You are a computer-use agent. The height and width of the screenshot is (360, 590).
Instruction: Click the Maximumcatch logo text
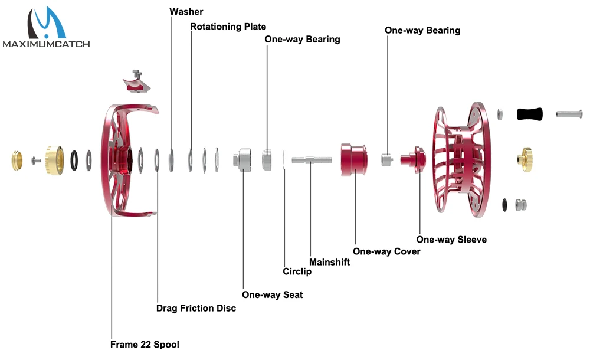point(45,44)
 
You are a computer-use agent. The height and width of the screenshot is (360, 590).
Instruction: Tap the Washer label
point(186,12)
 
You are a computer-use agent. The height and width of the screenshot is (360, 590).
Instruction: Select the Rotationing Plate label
point(228,27)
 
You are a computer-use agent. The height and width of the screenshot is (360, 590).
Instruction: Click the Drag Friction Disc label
point(196,308)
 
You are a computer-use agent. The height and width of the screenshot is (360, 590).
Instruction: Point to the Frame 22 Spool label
point(145,344)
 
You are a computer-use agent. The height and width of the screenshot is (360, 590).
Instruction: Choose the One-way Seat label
point(272,294)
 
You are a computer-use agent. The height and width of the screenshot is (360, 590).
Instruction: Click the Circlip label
point(297,271)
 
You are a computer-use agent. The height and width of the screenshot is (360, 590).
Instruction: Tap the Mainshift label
point(329,261)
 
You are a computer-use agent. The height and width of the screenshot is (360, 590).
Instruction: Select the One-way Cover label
point(386,251)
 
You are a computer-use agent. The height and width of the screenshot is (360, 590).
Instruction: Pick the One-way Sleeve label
point(451,239)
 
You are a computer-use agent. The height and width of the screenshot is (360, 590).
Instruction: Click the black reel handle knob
point(529,114)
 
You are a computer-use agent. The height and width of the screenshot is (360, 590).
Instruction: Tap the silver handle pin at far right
point(569,113)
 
